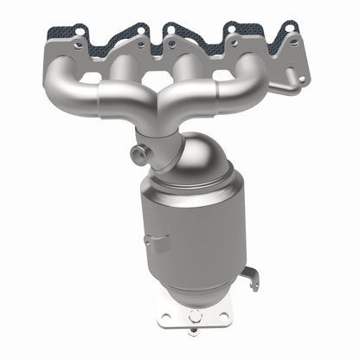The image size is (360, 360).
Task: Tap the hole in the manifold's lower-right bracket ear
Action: (x=300, y=79)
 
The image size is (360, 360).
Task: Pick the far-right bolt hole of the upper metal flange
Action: (x=293, y=42)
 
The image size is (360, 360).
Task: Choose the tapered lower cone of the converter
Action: (x=208, y=290)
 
